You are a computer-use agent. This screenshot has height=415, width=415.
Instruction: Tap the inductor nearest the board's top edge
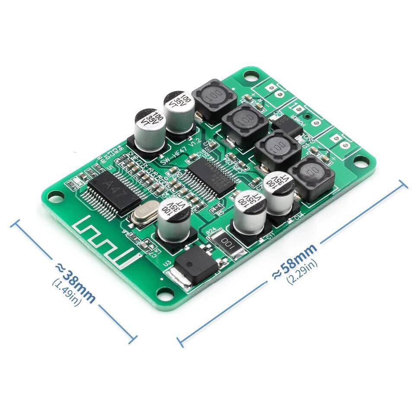coord(211,99)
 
